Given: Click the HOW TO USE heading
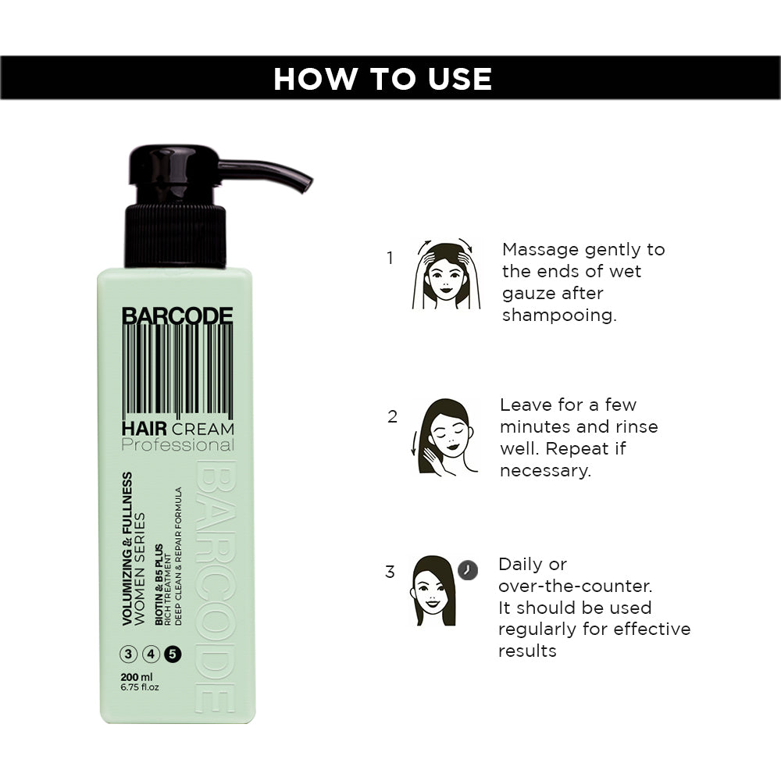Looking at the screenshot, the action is point(383,79).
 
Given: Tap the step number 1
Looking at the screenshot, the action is point(390,258).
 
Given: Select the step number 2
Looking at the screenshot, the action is point(393,416).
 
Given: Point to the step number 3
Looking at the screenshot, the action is point(390,572).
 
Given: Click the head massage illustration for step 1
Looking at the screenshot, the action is point(446,273).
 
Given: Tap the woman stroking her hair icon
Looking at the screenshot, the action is point(444,437).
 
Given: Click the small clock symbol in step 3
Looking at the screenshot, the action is point(468,570).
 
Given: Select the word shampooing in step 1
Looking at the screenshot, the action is point(559,316).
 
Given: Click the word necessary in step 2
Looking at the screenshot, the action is point(545,471).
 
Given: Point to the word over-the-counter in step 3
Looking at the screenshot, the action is point(575,586).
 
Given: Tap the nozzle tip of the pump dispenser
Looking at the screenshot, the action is point(307,185).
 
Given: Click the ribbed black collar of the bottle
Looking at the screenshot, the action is point(175,235).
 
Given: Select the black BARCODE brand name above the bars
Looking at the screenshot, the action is point(177,316).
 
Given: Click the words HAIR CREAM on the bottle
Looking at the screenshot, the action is point(178,428).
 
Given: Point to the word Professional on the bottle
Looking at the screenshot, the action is point(178,445).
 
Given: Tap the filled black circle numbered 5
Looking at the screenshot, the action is point(173,654).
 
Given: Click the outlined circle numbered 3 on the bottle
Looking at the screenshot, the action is point(129,654).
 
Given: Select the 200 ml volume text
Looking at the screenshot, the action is point(137,677).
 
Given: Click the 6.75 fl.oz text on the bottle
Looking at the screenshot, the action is point(140,687).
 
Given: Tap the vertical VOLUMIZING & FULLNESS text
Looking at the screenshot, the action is point(127,548).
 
